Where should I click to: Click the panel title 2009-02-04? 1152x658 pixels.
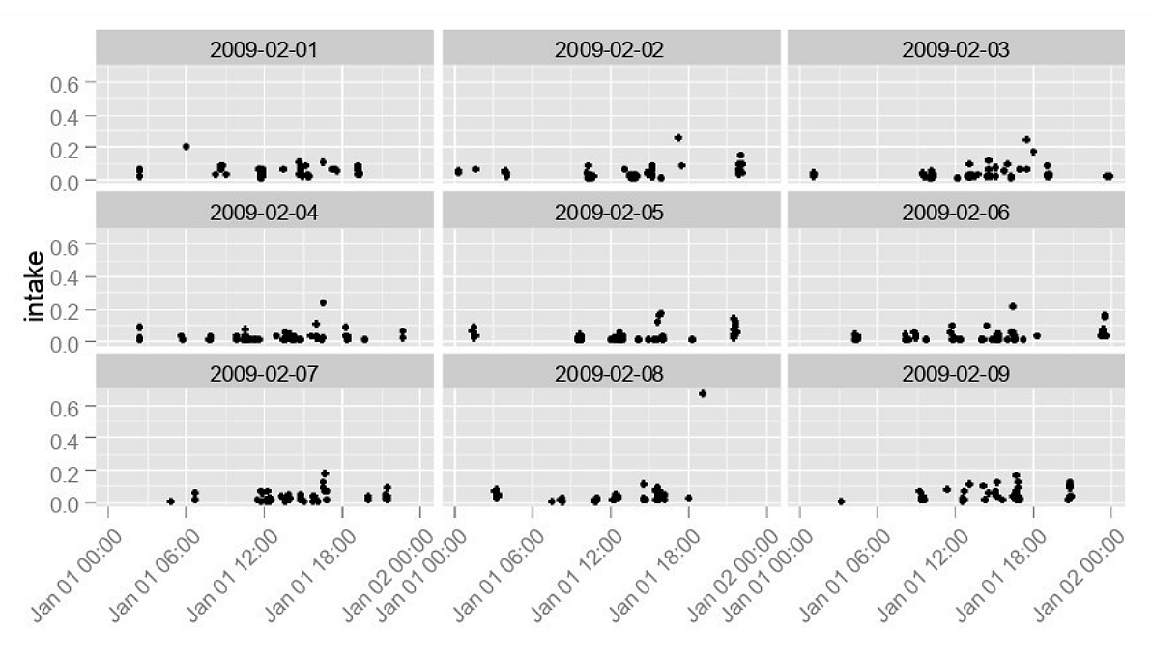pos(265,212)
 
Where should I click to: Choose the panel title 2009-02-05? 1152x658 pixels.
pos(610,212)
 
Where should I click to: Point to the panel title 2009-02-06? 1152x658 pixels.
pos(956,212)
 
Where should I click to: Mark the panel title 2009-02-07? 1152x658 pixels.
pos(265,373)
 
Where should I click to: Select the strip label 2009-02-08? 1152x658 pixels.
pos(610,373)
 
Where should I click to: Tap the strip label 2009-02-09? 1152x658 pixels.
pos(956,373)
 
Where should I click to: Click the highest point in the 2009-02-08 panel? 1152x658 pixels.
pos(703,393)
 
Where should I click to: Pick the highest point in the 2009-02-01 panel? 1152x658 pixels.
pos(187,146)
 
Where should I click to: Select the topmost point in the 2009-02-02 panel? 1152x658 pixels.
pos(678,138)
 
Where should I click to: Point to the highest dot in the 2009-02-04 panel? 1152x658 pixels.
pos(323,302)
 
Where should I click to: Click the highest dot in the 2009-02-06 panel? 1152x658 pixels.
pos(1013,306)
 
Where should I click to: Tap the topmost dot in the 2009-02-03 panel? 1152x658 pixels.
pos(1026,139)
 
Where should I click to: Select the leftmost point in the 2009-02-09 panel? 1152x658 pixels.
pos(842,501)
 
